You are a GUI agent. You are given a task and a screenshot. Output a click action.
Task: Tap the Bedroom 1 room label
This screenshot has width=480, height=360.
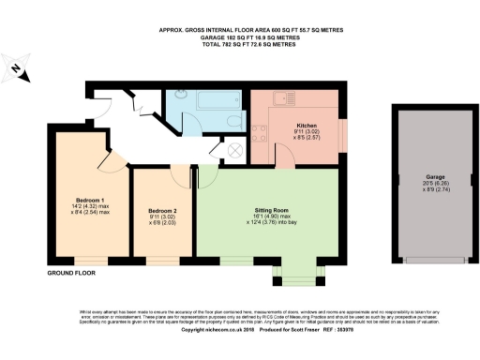click(90, 201)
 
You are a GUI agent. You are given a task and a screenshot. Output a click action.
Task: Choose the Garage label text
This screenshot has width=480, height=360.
click(435, 176)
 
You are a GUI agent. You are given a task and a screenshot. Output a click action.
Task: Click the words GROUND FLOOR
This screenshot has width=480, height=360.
click(71, 273)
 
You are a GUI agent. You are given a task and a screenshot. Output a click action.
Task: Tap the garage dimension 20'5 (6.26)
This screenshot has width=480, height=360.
click(435, 183)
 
